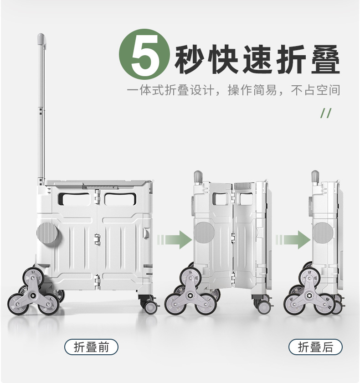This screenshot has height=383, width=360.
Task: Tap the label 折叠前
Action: [91, 347]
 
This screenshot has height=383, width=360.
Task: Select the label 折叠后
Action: [315, 347]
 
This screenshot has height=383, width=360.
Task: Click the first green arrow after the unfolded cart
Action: [175, 239]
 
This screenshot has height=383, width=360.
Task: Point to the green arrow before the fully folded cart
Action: [293, 239]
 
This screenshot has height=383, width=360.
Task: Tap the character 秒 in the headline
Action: [192, 60]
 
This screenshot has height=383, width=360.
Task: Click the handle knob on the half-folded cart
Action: [198, 176]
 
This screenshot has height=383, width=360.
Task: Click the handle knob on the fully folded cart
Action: [315, 176]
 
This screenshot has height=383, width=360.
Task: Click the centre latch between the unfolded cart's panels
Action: [97, 238]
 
